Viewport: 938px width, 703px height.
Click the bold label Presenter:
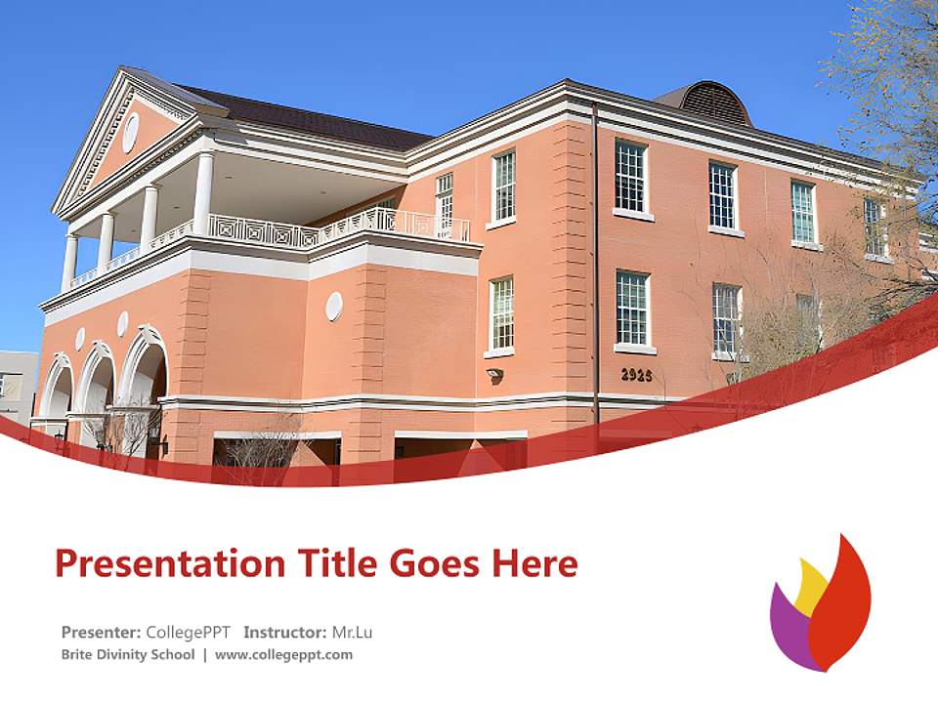click(x=102, y=632)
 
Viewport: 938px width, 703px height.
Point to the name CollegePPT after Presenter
click(x=188, y=632)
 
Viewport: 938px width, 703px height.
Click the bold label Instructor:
click(x=285, y=632)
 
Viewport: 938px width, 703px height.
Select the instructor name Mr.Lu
click(x=352, y=632)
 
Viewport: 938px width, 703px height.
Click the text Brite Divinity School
click(x=128, y=654)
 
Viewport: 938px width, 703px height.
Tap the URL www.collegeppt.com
click(x=283, y=654)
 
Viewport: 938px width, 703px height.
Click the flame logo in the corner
click(x=821, y=605)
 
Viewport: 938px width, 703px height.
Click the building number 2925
click(x=637, y=374)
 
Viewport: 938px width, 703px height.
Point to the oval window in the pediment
click(x=130, y=132)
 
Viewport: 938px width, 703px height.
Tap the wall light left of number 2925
click(x=495, y=374)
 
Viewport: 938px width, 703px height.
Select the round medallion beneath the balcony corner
click(x=334, y=306)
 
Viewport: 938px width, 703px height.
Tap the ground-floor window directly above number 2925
click(x=632, y=309)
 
